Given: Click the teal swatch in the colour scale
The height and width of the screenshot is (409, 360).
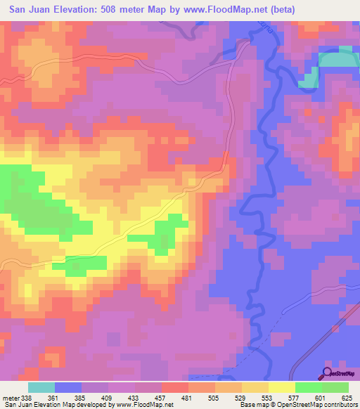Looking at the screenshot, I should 41,387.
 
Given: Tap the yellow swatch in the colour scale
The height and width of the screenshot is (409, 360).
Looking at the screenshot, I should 281,387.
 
